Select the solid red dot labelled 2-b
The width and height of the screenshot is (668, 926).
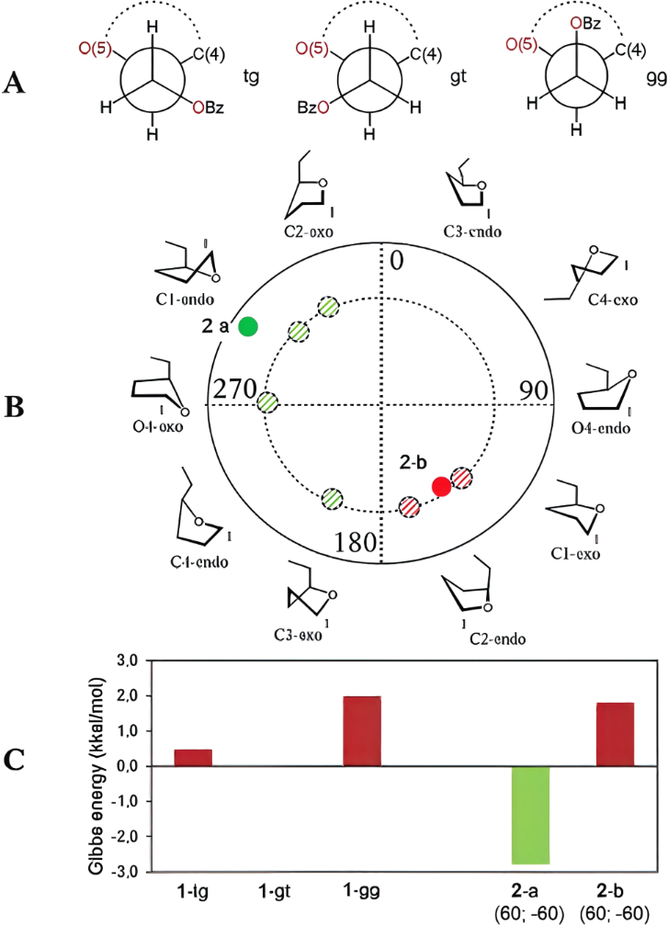coord(441,486)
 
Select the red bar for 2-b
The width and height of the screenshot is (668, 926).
coord(614,735)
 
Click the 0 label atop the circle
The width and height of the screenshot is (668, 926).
coord(396,261)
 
